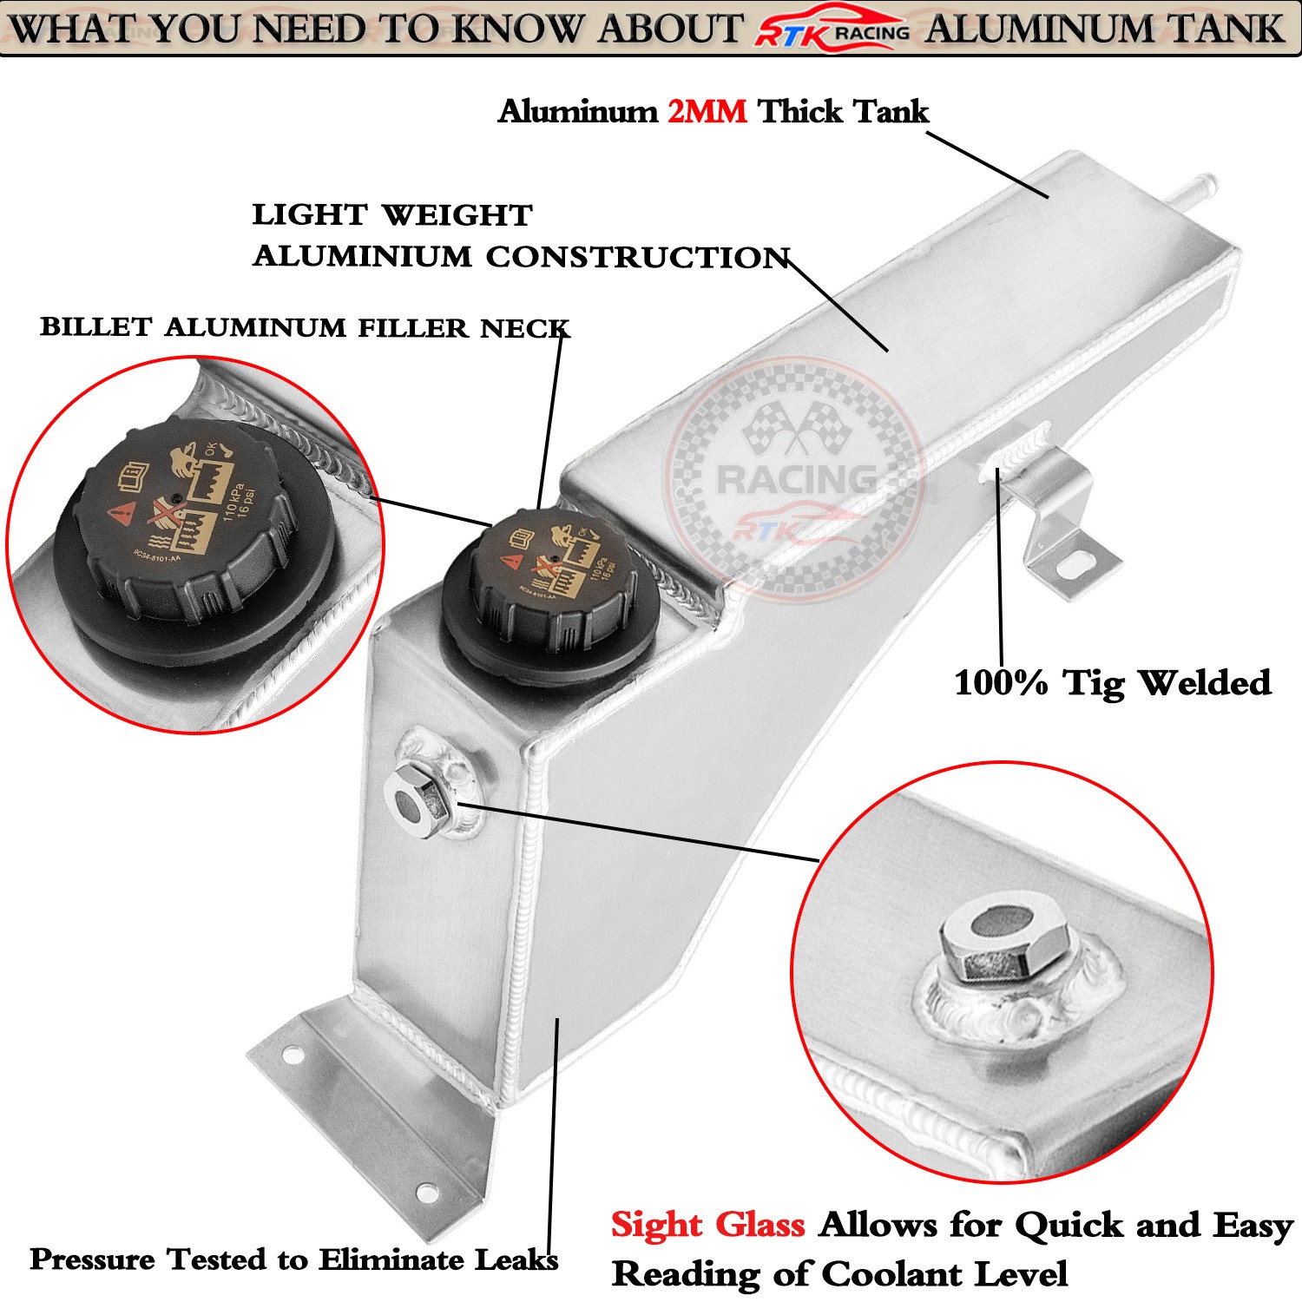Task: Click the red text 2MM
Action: point(707,112)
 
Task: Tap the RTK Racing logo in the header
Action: point(832,31)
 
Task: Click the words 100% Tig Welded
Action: point(1112,683)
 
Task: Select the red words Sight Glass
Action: point(707,1225)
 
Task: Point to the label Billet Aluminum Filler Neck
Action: point(305,328)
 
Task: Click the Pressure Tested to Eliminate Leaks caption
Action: point(293,1259)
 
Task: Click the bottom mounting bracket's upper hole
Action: point(293,1055)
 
